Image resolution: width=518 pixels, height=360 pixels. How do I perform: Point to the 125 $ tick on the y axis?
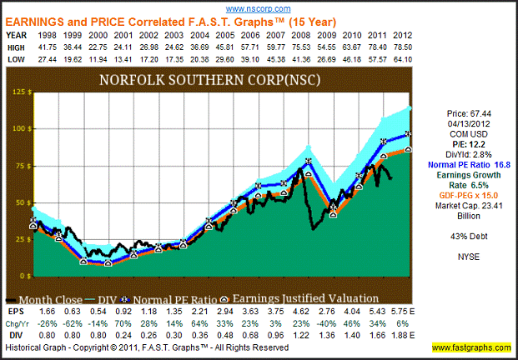click(x=18, y=92)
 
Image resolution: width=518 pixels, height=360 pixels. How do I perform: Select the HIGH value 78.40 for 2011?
click(x=384, y=48)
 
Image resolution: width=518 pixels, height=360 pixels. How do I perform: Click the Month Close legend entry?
click(x=55, y=297)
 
